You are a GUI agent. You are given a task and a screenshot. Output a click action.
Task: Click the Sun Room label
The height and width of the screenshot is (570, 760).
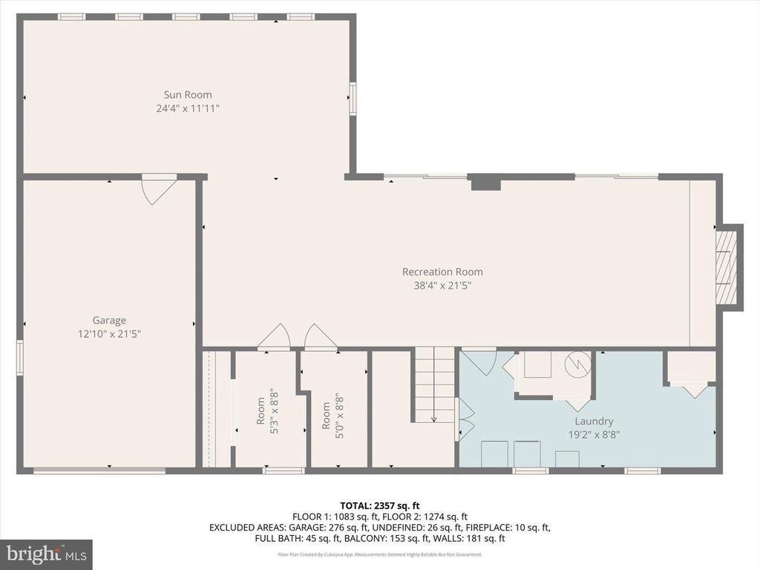[188, 94]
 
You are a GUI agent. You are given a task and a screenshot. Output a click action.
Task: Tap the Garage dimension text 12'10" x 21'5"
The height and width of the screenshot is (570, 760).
[109, 334]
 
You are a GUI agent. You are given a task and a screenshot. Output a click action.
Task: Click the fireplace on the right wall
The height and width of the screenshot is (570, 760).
[727, 266]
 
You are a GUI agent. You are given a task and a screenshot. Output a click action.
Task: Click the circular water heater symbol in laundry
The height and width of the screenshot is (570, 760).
[577, 364]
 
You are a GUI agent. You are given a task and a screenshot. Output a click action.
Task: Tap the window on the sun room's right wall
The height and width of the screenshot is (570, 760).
[353, 99]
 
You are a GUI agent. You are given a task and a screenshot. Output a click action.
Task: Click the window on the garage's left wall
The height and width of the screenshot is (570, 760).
[20, 357]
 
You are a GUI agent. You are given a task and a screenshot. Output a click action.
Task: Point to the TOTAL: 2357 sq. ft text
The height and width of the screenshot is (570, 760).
[379, 505]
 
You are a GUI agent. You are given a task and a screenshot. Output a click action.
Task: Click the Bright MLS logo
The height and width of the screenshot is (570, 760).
[46, 554]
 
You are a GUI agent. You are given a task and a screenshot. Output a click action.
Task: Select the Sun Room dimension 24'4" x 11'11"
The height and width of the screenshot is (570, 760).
[188, 108]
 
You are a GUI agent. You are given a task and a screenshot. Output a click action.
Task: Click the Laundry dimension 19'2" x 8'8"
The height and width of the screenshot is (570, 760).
[593, 435]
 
